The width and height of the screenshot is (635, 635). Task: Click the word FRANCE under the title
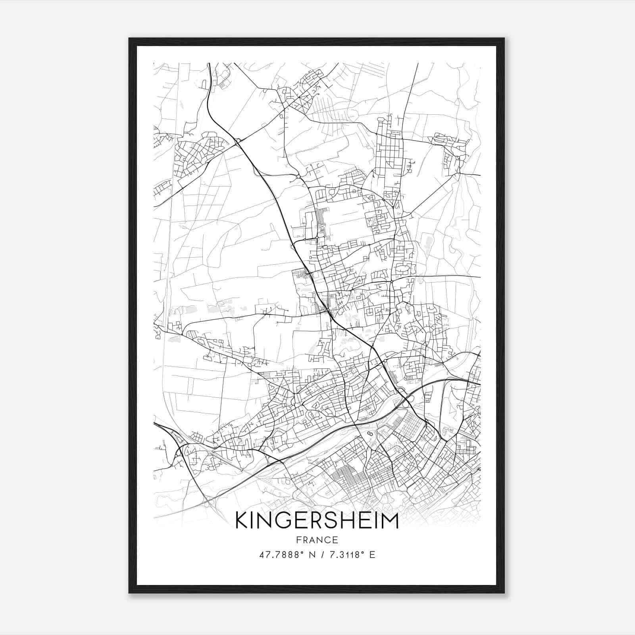coord(317,540)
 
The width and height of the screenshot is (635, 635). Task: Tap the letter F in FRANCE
coord(298,540)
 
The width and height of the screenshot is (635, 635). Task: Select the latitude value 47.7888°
coord(280,555)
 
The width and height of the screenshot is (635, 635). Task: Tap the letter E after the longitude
coord(372,555)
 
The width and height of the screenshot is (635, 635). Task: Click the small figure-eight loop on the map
coord(369,433)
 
